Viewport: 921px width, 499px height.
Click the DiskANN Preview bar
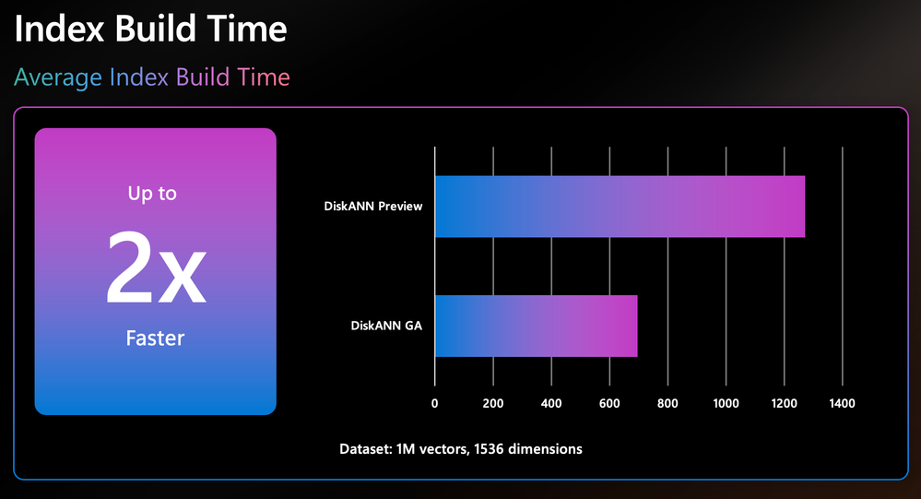[x=620, y=207]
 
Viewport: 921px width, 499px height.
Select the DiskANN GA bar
[x=537, y=326]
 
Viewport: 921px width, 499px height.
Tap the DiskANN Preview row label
[x=373, y=207]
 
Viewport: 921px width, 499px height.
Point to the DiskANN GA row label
[x=386, y=326]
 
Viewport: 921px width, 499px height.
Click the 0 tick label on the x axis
[x=434, y=403]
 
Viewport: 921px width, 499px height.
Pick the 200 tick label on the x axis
[x=493, y=403]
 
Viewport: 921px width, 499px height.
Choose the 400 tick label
[x=551, y=403]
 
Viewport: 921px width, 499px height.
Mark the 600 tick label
[x=609, y=403]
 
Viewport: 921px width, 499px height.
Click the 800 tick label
[x=667, y=403]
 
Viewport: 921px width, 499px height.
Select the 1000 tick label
[x=726, y=403]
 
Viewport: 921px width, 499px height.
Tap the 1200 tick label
[x=785, y=403]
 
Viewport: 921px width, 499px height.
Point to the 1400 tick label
[x=843, y=403]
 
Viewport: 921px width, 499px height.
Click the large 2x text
[x=156, y=267]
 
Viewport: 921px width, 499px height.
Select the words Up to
[x=152, y=194]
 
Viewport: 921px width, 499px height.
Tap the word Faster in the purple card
[x=155, y=338]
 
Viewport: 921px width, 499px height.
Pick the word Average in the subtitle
[x=57, y=77]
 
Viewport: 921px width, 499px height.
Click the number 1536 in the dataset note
[x=489, y=449]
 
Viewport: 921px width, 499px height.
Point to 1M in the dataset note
[x=406, y=449]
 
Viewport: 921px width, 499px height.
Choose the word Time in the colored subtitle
[x=263, y=77]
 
